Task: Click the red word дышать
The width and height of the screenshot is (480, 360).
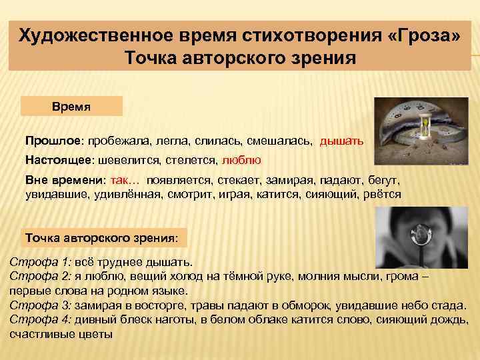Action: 341,141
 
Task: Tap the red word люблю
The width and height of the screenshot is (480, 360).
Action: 241,161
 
